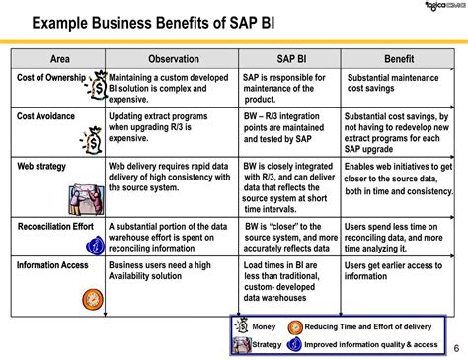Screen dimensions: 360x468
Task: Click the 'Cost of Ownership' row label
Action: [x=51, y=78]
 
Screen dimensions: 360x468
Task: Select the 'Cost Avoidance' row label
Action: [x=46, y=117]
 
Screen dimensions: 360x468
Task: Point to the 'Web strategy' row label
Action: [x=42, y=166]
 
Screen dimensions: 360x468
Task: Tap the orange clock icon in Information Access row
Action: [x=91, y=297]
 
